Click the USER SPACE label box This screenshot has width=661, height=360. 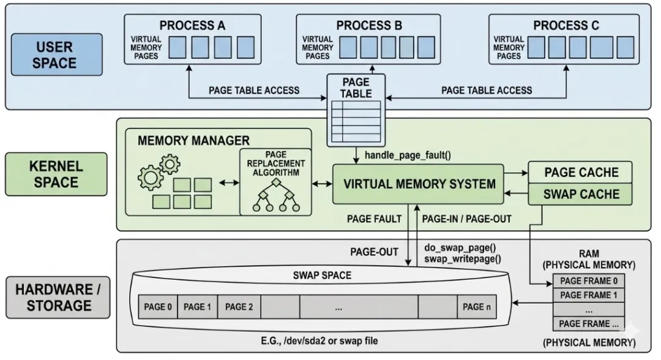click(x=56, y=54)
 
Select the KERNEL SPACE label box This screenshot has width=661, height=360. click(x=56, y=174)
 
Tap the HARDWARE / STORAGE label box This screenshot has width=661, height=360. click(x=58, y=297)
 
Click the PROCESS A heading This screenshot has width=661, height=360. click(x=192, y=26)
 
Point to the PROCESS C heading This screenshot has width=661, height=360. click(x=566, y=26)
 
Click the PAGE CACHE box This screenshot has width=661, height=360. click(x=581, y=173)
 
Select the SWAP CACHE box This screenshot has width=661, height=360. click(x=581, y=195)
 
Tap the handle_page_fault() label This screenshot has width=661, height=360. click(x=408, y=155)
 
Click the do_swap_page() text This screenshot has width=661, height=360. click(x=460, y=248)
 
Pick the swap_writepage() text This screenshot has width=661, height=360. click(x=463, y=258)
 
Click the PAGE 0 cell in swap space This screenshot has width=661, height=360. click(x=158, y=307)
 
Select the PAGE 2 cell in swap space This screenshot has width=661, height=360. click(x=239, y=307)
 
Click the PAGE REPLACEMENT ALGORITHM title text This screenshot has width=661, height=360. click(x=275, y=163)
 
